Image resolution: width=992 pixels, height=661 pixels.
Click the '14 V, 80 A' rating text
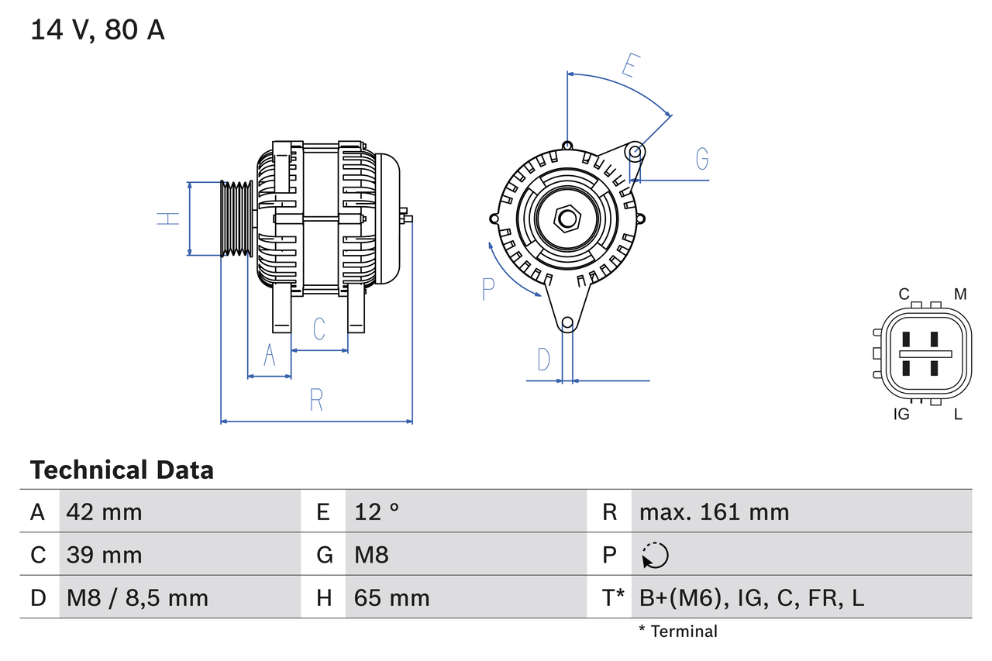pos(97,30)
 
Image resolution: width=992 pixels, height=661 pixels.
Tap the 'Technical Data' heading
pos(122,470)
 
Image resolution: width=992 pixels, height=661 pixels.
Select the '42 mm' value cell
pos(105,511)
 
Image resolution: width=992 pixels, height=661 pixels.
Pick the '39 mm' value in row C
pos(105,555)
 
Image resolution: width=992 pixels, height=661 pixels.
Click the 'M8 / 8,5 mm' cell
pos(137,598)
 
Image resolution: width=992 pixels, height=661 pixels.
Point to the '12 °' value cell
pos(377,511)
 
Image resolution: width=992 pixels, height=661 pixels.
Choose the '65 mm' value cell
pos(391,598)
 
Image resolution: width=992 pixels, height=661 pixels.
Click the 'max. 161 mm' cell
pos(714,511)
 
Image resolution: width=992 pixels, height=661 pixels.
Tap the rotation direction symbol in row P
pos(655,556)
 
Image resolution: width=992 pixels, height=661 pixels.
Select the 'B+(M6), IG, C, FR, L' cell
pos(752,598)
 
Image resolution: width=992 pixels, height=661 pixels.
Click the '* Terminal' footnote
pos(678,632)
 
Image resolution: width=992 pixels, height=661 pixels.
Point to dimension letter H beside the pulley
pos(168,219)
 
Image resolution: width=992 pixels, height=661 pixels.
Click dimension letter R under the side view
pos(316,401)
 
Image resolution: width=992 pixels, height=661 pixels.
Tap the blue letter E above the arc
pos(629,67)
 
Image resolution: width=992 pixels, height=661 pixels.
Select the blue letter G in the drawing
pos(702,158)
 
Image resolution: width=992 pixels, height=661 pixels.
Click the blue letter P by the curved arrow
pos(487,289)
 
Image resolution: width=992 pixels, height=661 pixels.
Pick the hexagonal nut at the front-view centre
pos(567,219)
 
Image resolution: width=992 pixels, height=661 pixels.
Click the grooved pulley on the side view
pos(237,219)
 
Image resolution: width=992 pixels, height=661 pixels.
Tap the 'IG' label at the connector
pos(901,415)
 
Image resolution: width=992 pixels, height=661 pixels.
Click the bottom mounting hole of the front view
pos(567,322)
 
